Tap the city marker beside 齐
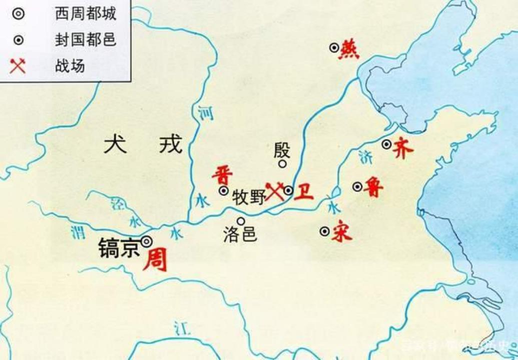point(386,144)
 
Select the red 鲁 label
point(374,187)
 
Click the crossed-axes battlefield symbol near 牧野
point(275,191)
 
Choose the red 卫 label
point(304,191)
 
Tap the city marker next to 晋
point(224,190)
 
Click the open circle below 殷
point(283,163)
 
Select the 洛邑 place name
point(240,235)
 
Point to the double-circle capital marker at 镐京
point(146,241)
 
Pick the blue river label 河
point(205,113)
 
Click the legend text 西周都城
point(86,14)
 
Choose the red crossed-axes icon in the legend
point(18,65)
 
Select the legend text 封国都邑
point(86,40)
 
